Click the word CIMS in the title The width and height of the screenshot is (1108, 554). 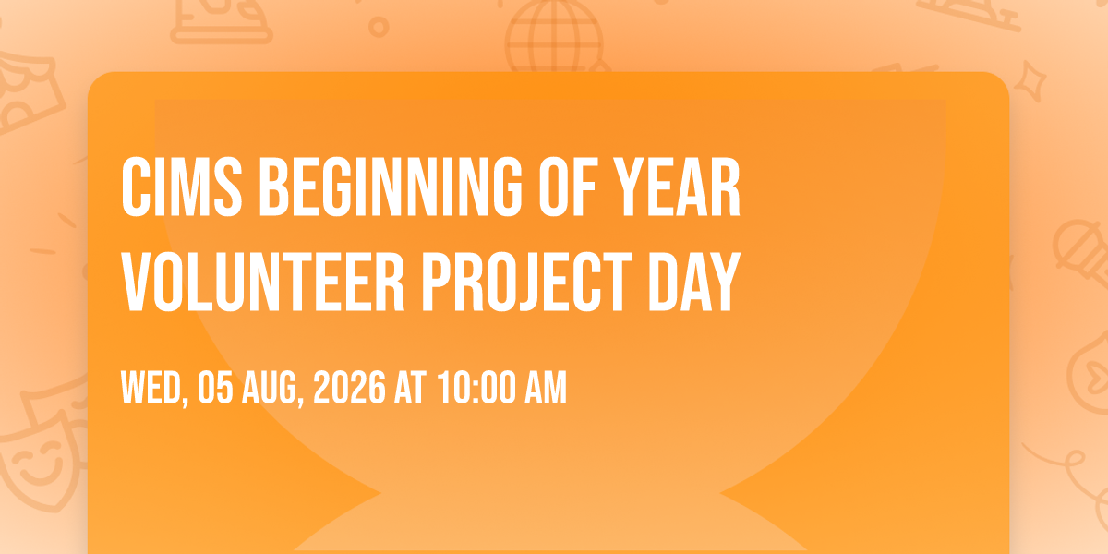tap(182, 187)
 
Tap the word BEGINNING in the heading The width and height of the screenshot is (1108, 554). tap(391, 187)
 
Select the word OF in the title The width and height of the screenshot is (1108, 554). tap(568, 187)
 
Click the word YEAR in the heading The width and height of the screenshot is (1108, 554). tap(677, 187)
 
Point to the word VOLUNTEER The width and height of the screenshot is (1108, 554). tap(263, 282)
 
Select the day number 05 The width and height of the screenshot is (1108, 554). tap(215, 388)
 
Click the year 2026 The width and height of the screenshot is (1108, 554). tap(349, 388)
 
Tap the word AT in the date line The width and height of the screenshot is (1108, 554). tap(410, 388)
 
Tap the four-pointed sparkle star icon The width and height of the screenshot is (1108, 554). tap(1030, 81)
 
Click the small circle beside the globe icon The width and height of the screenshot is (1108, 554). tap(379, 27)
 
